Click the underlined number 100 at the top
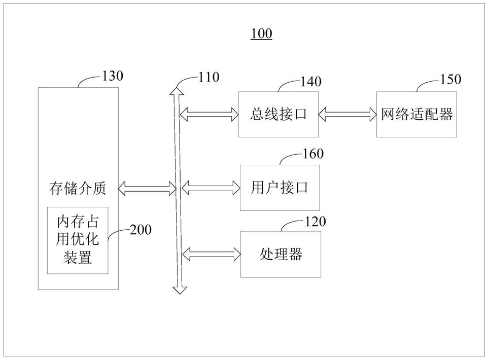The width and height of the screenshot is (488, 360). [261, 33]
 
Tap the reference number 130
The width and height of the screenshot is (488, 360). [113, 76]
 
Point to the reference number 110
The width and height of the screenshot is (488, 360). [209, 77]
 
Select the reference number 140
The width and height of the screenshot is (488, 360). [310, 82]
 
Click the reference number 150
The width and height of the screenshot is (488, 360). [450, 79]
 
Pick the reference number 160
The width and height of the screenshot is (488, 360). [313, 154]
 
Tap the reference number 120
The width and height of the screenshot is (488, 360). [315, 222]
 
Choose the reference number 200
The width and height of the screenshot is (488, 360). [141, 230]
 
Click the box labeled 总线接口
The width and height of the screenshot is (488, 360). [278, 114]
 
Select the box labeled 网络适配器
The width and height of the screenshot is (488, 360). [417, 114]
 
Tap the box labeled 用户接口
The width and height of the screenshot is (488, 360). [280, 188]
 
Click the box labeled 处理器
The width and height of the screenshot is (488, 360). [281, 254]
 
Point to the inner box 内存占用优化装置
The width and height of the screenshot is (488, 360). [78, 240]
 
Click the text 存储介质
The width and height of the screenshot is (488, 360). [78, 188]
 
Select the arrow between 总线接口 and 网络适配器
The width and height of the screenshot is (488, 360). [347, 114]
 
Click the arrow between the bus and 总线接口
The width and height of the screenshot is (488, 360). [209, 114]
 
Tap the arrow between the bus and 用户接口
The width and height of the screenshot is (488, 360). [211, 188]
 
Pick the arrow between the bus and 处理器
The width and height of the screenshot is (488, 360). [212, 254]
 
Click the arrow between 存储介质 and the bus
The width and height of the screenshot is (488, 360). [148, 188]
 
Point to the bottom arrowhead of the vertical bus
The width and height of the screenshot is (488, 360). [180, 290]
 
